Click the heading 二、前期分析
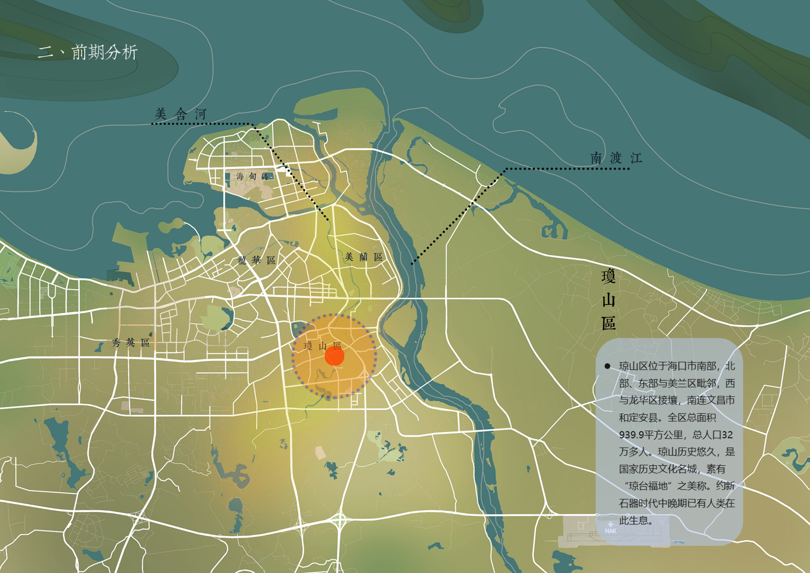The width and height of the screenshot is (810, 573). click(x=88, y=52)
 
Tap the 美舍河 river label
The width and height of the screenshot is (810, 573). click(x=181, y=114)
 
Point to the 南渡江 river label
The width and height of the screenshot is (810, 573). click(x=616, y=158)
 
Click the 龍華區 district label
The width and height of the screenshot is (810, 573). click(x=257, y=260)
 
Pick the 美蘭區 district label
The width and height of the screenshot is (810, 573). click(x=363, y=257)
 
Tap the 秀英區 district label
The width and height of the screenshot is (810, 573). click(x=131, y=343)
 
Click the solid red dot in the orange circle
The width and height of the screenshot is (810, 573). click(x=335, y=356)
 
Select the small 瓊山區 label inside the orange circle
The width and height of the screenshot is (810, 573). click(x=322, y=346)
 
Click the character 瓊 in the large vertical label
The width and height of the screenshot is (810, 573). click(x=608, y=277)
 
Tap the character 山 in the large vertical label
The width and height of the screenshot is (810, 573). click(x=608, y=300)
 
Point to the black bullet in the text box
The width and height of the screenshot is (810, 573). click(x=607, y=366)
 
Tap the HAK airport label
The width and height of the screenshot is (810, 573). click(x=610, y=531)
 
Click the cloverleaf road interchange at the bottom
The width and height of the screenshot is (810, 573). click(x=339, y=521)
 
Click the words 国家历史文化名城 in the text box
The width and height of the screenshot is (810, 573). click(x=658, y=469)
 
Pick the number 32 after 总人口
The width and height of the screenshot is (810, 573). click(x=727, y=435)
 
